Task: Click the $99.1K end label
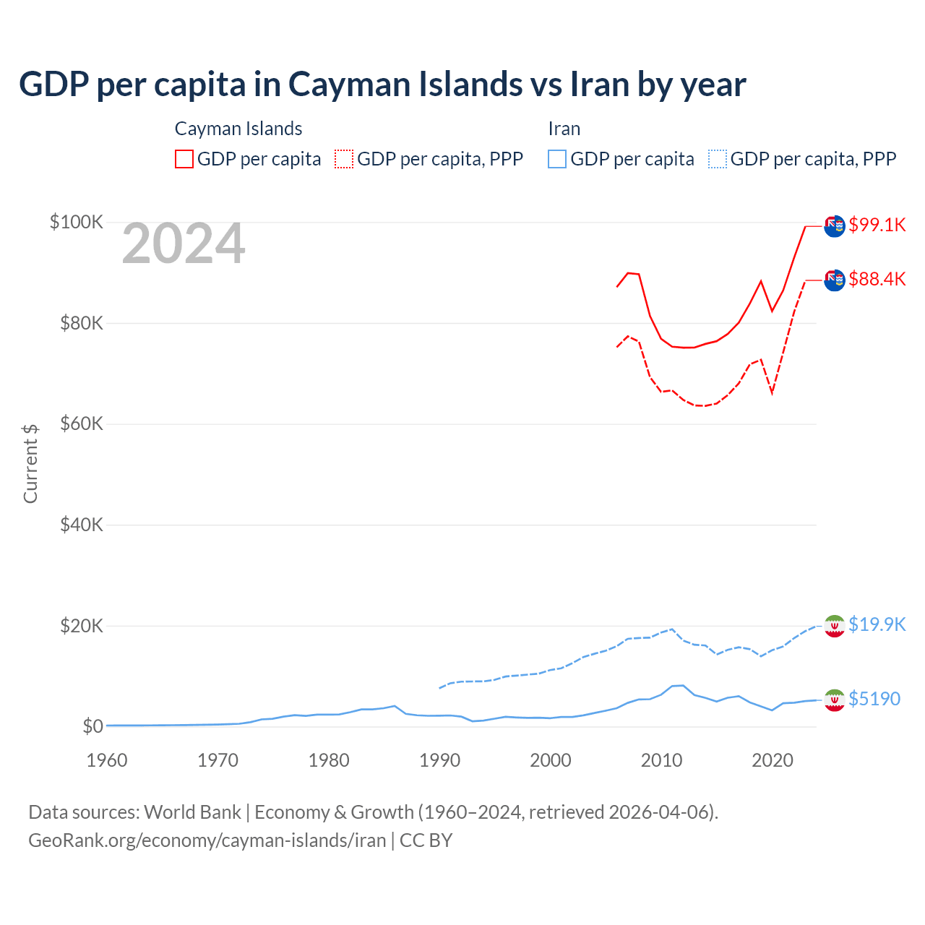click(877, 225)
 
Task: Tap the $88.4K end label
click(877, 279)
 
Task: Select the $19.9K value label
click(877, 624)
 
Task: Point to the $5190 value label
click(874, 699)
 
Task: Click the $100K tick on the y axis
click(77, 222)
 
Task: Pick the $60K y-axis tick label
click(82, 423)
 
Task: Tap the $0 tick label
click(92, 726)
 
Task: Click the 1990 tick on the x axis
click(439, 760)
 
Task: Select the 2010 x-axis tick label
click(661, 760)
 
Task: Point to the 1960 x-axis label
click(107, 760)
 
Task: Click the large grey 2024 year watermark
click(184, 244)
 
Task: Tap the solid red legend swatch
click(184, 159)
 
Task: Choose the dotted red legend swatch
click(344, 159)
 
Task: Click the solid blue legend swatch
click(557, 159)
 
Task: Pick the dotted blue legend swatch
click(718, 159)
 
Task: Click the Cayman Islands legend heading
click(238, 129)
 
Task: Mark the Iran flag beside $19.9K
click(835, 626)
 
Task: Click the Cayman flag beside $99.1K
click(835, 225)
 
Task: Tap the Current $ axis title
click(30, 463)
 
